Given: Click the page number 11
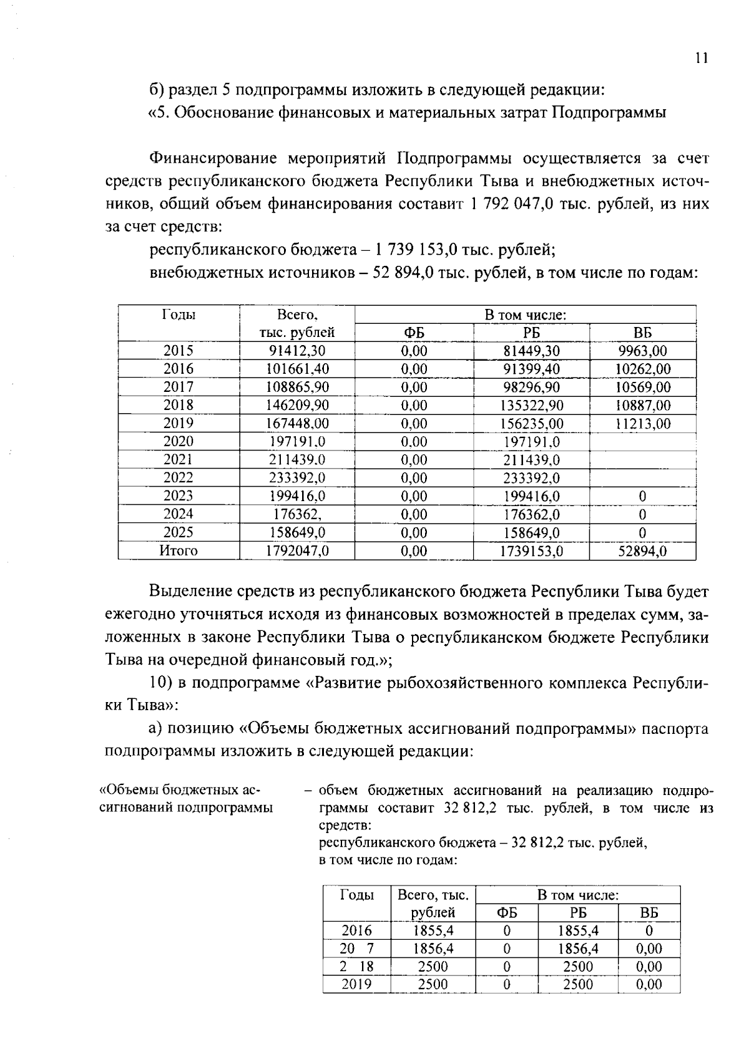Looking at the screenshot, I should point(701,59).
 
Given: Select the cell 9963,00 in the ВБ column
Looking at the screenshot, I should point(642,351).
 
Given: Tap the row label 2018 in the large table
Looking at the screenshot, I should point(179,405).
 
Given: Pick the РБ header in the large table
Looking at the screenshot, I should point(531,333).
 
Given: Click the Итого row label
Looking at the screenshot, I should point(179,551).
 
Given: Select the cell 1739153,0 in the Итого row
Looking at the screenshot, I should point(531,551).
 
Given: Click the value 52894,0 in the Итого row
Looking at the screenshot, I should point(642,551).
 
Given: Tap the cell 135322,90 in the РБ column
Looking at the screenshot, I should point(531,406).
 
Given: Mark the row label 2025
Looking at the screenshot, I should point(179,533).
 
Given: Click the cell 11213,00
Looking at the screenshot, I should point(642,424).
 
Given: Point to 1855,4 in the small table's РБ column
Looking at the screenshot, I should point(578,931).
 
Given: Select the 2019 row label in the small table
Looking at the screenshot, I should point(356,985).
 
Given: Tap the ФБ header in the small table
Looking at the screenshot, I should point(506,913).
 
